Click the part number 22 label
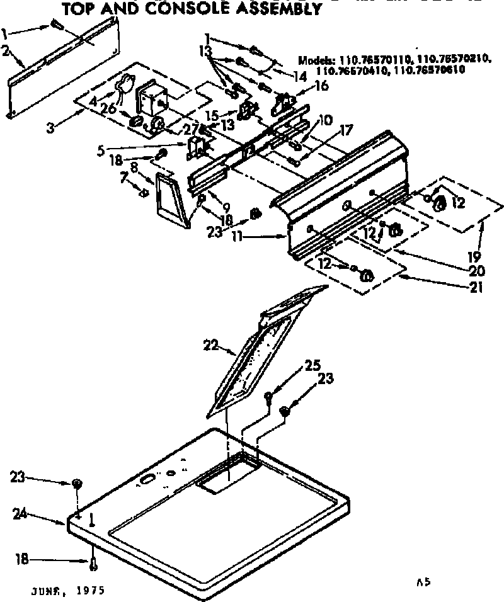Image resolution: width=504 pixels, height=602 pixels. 210,344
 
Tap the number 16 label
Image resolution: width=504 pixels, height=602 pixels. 321,86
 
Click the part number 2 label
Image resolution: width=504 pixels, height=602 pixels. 6,51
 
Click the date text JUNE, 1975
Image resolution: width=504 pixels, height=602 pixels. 66,591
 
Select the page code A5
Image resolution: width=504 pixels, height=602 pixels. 423,583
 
